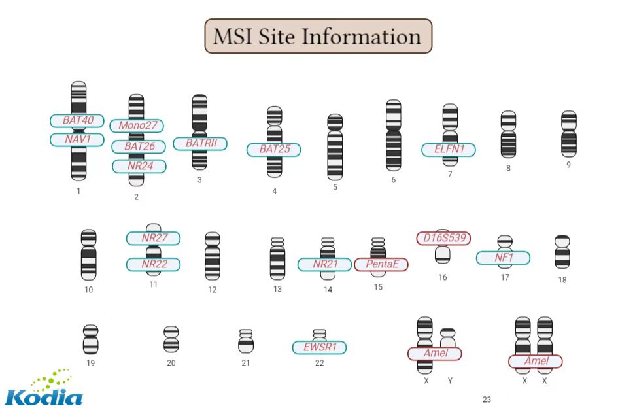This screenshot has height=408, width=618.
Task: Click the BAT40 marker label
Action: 77,120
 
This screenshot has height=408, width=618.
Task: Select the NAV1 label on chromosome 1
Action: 77,139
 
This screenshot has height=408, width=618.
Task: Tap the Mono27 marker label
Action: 137,126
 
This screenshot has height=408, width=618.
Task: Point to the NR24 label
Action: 139,166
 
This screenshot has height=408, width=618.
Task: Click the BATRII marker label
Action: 199,143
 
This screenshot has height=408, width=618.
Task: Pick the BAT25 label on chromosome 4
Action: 273,149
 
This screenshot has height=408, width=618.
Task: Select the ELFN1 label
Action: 449,149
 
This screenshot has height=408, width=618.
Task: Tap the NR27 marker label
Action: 153,238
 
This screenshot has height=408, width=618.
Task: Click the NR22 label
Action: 153,264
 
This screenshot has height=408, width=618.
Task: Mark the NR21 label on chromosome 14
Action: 324,264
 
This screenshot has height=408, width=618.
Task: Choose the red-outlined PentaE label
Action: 381,264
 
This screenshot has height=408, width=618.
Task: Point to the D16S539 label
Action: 443,238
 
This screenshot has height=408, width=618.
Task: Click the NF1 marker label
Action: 503,258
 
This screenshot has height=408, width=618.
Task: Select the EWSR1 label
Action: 319,347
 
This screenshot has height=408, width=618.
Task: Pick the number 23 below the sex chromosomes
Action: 487,399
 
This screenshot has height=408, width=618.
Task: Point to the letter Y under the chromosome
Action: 450,380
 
